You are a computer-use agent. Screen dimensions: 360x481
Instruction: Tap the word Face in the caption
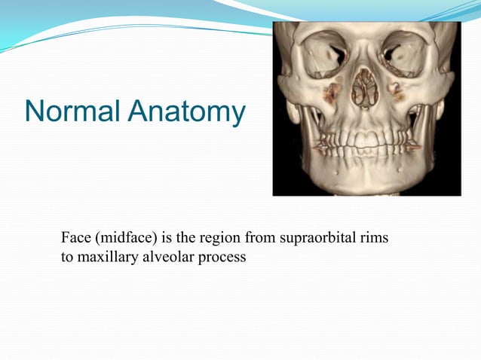tap(74, 239)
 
